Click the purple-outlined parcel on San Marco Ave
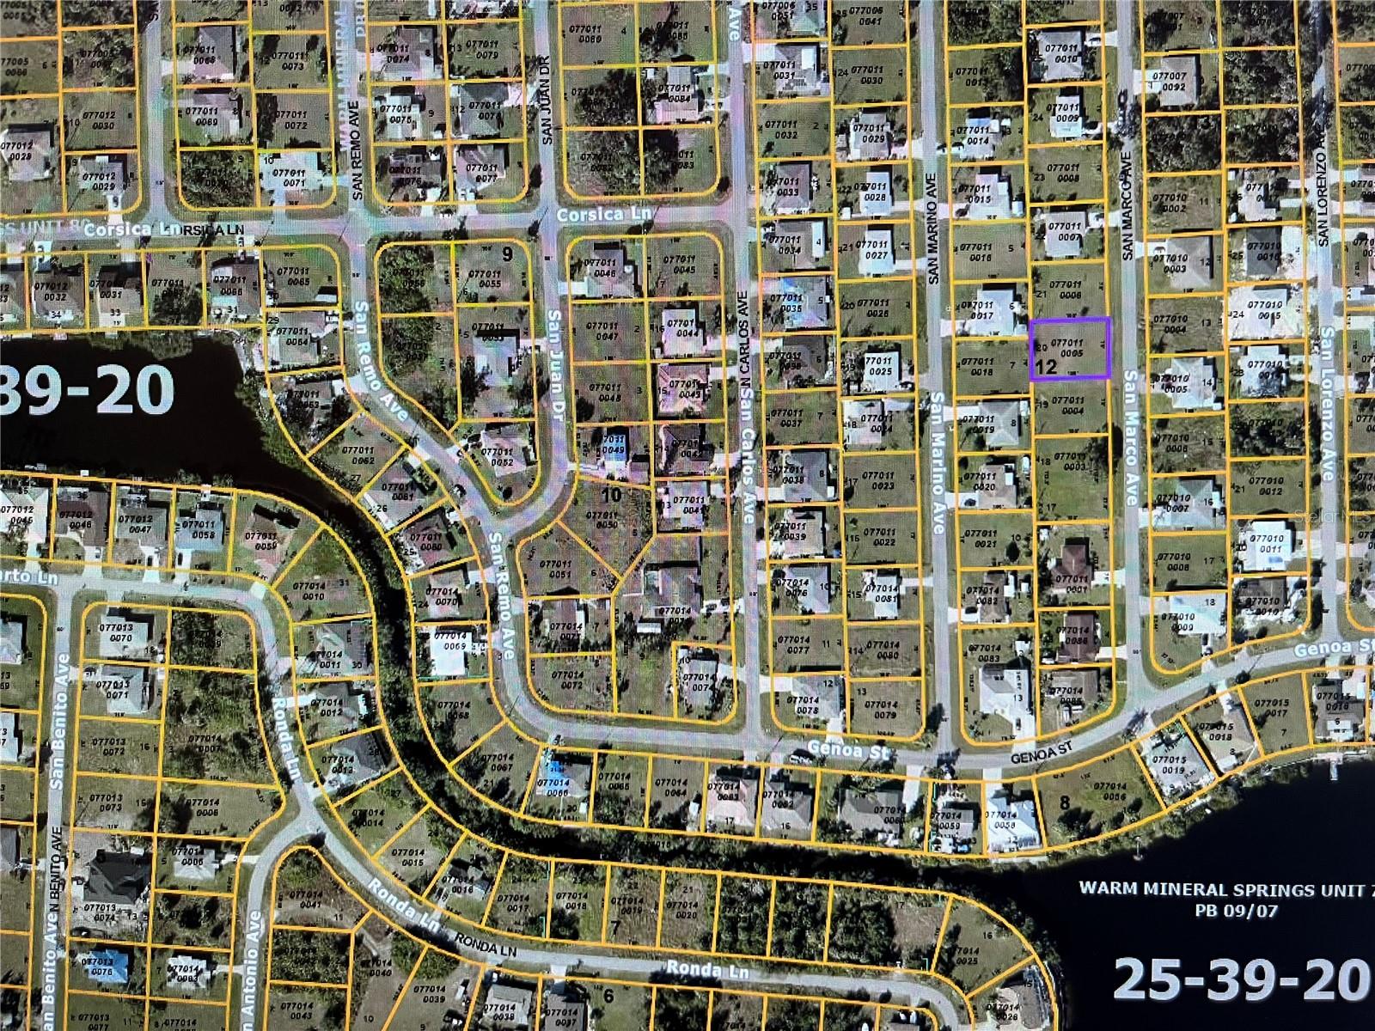(1070, 348)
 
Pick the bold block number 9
(507, 253)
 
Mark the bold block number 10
(611, 495)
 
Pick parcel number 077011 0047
(606, 331)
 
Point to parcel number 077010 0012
(1270, 486)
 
